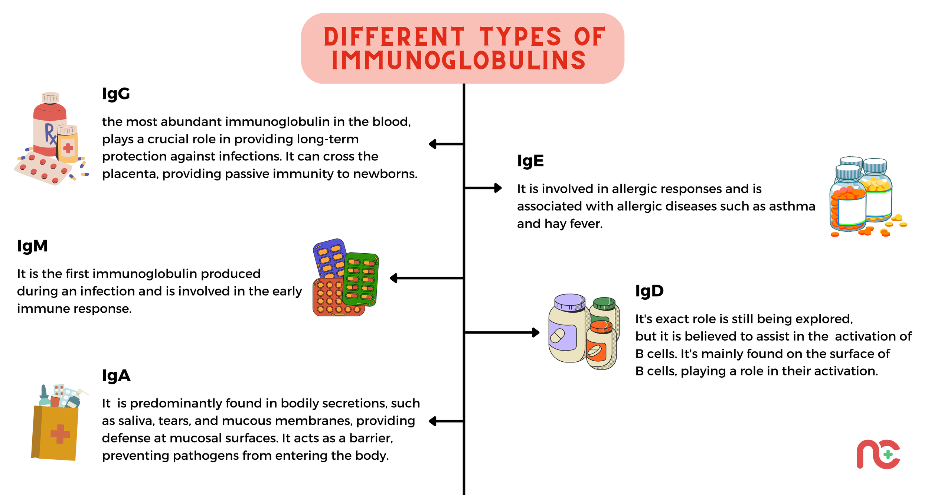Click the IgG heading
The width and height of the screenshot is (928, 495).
[116, 94]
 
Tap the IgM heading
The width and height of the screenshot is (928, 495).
[32, 246]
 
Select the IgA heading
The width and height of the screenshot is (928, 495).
[116, 376]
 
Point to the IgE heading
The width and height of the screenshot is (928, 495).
[530, 161]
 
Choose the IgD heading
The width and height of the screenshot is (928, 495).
[649, 291]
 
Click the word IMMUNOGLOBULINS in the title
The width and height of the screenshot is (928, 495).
[458, 61]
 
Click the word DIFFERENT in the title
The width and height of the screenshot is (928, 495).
[394, 37]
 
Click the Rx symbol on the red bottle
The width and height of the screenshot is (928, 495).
[50, 134]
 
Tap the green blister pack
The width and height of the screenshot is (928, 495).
[360, 279]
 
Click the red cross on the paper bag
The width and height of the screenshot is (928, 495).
[60, 434]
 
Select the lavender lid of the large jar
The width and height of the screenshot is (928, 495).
[569, 302]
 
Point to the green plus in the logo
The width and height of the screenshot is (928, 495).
[888, 455]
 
